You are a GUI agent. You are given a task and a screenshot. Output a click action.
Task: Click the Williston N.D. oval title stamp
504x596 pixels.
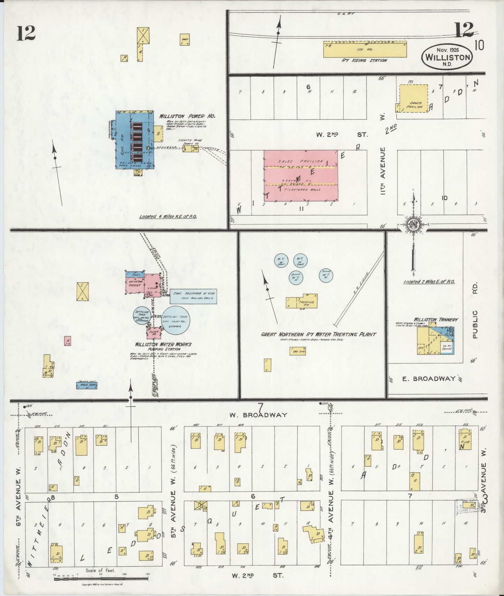click(x=447, y=57)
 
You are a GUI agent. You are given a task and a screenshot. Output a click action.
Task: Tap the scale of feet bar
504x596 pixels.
click(x=101, y=579)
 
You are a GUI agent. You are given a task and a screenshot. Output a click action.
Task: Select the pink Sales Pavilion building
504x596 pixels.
click(x=301, y=176)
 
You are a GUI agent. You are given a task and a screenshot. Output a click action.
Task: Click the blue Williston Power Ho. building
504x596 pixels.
click(x=134, y=139)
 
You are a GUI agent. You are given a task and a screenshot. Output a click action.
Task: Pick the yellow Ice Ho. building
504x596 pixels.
click(x=365, y=49)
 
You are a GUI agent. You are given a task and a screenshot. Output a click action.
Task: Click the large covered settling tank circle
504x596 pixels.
click(x=176, y=319)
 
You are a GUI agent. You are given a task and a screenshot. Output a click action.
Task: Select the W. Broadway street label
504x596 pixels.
click(x=258, y=415)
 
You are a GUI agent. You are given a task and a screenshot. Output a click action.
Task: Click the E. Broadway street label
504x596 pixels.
click(x=429, y=379)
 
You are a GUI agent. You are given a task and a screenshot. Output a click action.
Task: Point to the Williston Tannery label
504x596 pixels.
click(x=436, y=319)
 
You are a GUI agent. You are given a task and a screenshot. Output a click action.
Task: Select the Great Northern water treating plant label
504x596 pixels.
click(x=319, y=334)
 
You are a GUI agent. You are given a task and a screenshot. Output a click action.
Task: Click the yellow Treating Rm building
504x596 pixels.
click(x=302, y=301)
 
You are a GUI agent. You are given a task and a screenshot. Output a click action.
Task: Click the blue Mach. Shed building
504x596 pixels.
click(x=86, y=385)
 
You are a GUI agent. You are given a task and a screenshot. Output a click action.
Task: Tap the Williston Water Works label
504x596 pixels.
click(x=164, y=345)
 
